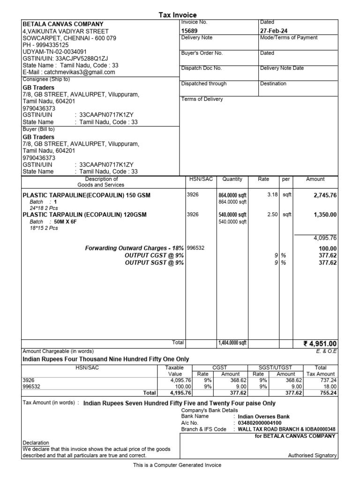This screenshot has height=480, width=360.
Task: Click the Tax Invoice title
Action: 178,15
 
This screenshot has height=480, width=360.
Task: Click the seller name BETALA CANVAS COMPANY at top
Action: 63,24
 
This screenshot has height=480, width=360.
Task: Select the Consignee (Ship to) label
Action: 46,79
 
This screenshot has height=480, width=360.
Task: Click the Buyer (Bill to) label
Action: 39,129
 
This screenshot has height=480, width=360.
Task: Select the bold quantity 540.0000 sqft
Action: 232,215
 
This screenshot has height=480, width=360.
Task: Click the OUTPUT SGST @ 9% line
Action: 154,263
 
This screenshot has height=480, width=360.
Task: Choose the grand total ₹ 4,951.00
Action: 320,344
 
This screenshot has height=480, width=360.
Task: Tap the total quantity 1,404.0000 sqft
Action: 232,343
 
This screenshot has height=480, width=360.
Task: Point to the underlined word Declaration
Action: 36,442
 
